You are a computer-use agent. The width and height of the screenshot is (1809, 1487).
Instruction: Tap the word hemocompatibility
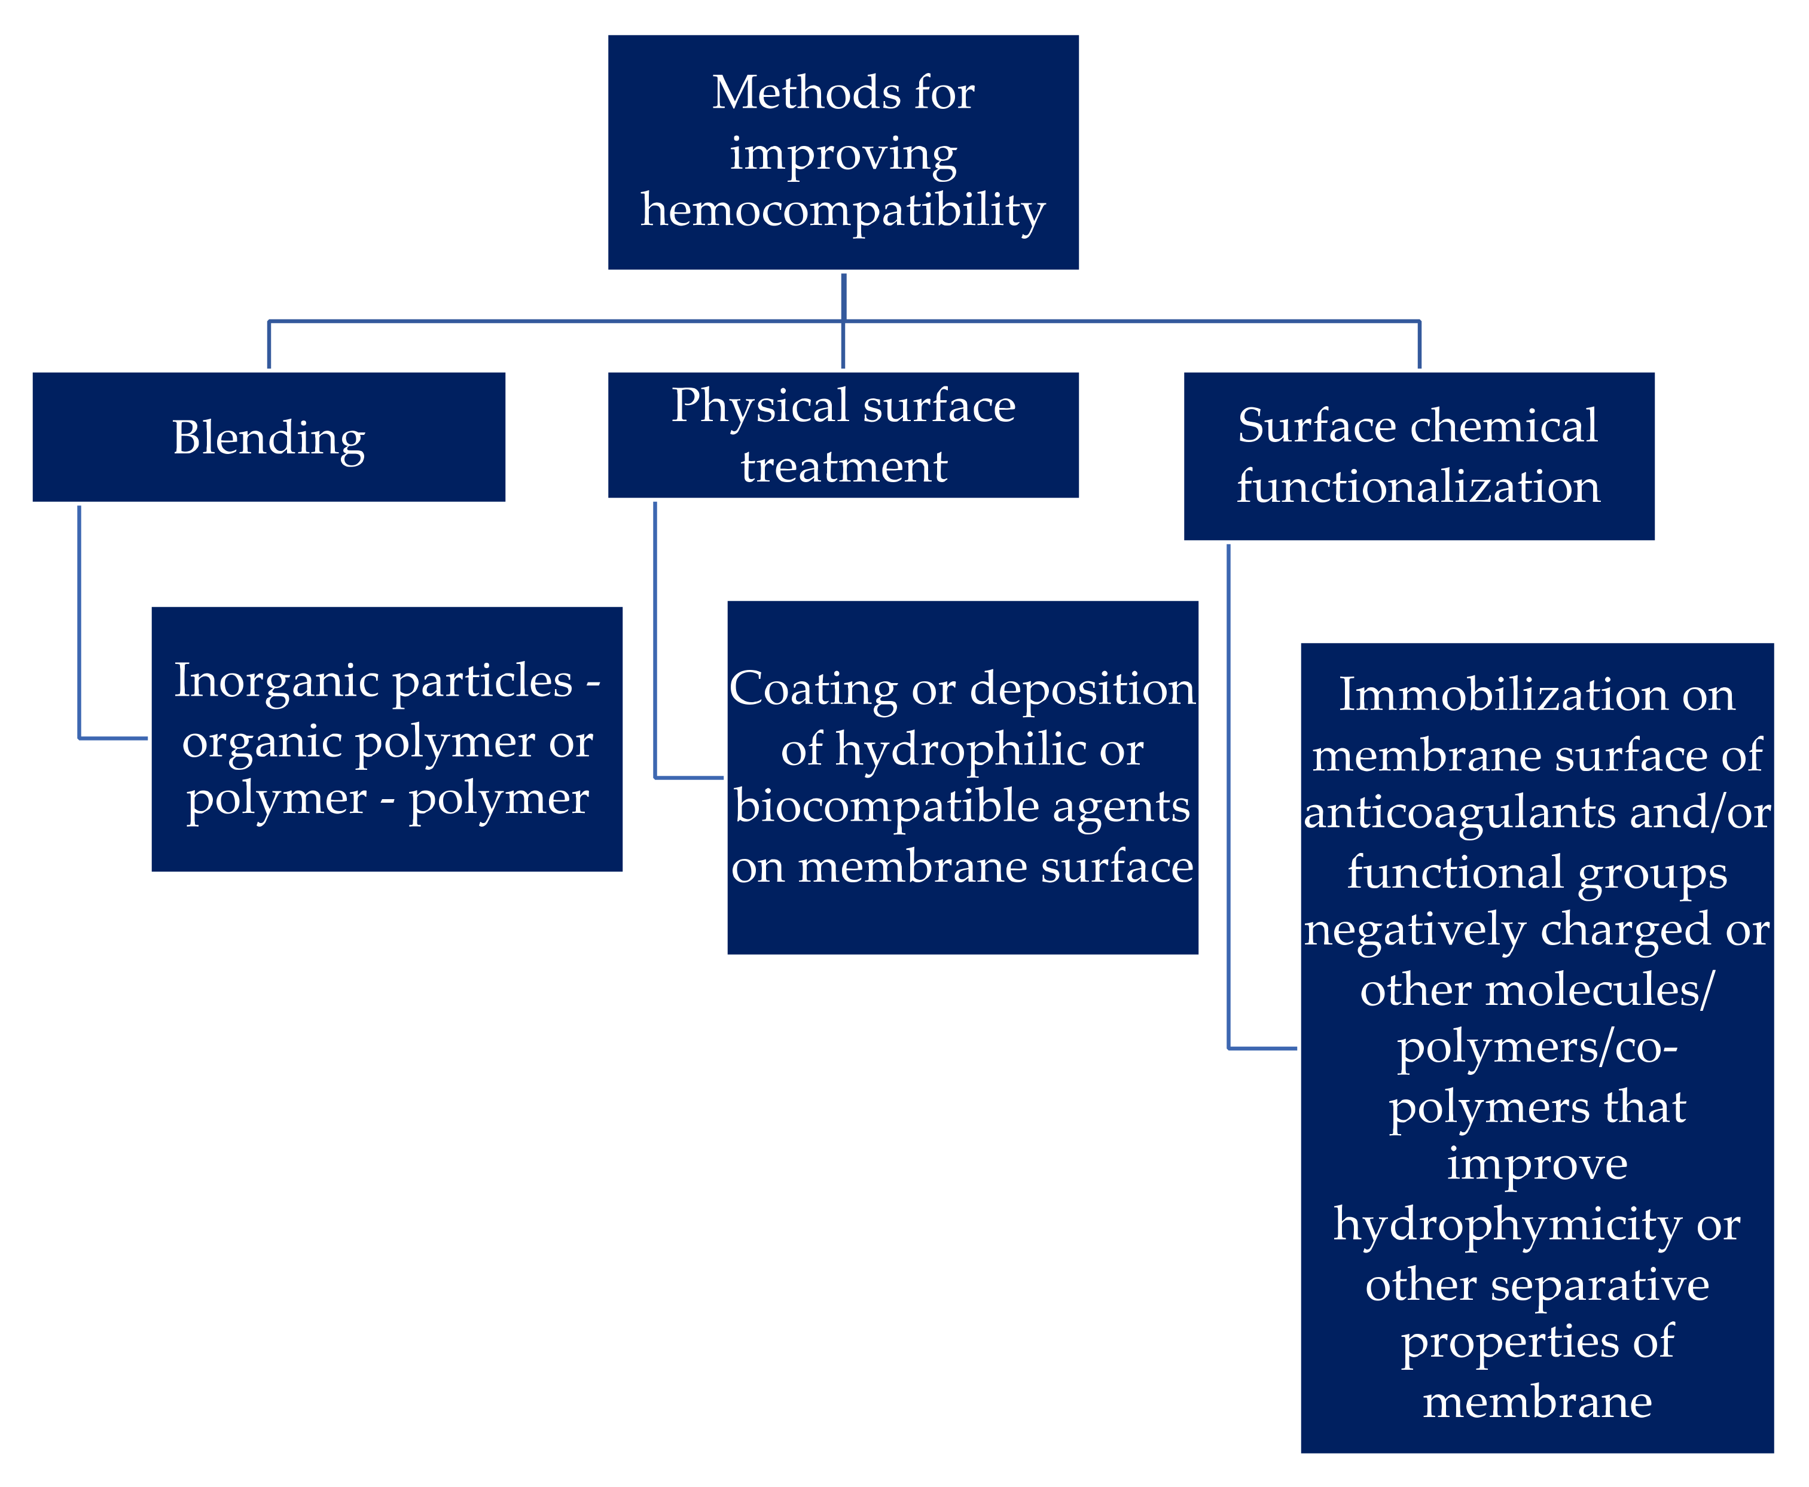pyautogui.click(x=843, y=211)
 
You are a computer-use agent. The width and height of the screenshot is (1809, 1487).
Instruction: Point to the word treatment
pyautogui.click(x=844, y=467)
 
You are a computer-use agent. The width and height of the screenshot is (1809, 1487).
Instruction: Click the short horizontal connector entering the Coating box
pyautogui.click(x=690, y=778)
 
